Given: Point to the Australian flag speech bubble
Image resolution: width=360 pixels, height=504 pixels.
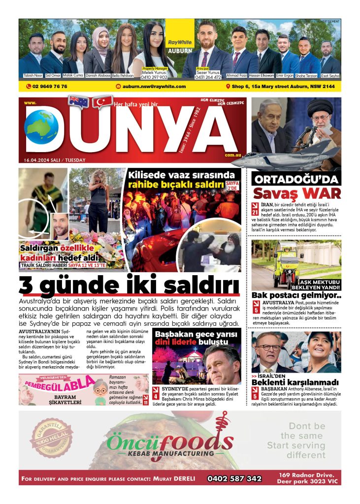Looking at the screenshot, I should click(x=79, y=101).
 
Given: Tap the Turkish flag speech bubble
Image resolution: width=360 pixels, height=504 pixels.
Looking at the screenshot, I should click(x=102, y=101).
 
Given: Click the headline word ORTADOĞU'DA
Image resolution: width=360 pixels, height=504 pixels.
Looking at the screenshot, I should click(x=296, y=179).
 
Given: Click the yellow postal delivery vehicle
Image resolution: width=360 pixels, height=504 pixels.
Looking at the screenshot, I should click(x=289, y=264).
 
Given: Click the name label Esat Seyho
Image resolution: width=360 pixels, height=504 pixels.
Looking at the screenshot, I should click(x=330, y=75).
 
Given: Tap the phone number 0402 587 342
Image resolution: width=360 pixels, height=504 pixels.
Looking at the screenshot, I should click(x=234, y=478).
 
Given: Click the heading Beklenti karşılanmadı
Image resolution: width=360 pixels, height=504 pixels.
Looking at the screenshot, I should click(x=295, y=382).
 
